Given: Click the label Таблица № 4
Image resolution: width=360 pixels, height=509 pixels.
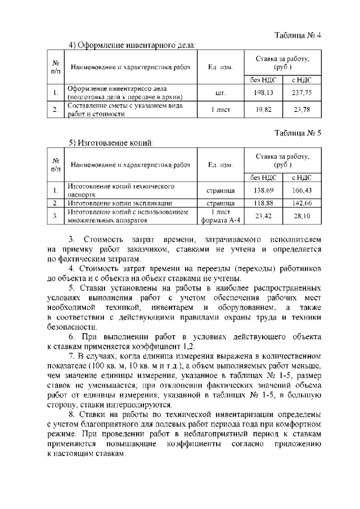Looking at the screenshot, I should [x=298, y=35].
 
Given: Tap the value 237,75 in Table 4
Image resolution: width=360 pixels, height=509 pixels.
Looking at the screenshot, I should [x=301, y=92].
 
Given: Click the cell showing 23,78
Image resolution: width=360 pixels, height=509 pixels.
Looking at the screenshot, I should [x=301, y=110].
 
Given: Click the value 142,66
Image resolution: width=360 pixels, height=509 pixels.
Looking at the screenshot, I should [x=301, y=203].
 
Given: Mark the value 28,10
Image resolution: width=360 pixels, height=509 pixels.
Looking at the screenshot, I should [x=301, y=216].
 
